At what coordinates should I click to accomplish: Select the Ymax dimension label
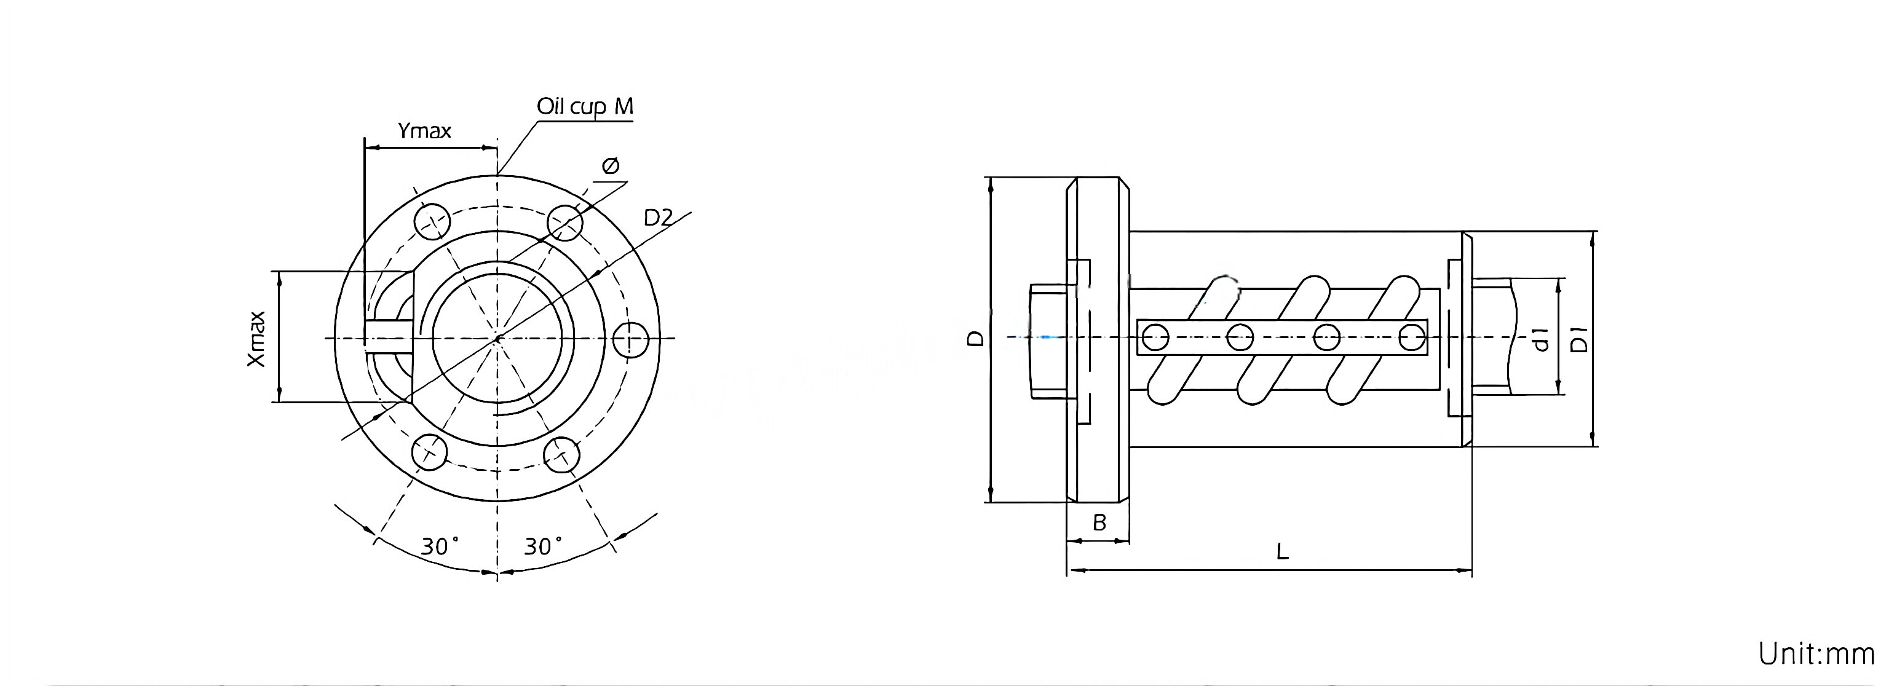coord(424,131)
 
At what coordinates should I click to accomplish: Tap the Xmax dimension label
coord(256,339)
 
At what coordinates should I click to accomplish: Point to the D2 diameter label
coord(658,218)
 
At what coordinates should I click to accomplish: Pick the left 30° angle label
coord(439,546)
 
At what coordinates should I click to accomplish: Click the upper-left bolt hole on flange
coord(431,221)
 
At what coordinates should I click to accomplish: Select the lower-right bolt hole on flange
coord(561,454)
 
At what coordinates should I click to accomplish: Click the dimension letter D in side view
coord(975,338)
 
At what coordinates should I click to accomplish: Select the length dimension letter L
coord(1282,552)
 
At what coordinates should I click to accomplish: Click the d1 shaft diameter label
coord(1541,339)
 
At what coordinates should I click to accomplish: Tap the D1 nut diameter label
coord(1580,339)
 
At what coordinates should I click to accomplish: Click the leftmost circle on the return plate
coord(1155,339)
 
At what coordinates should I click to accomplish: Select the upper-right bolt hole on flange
coord(564,221)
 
